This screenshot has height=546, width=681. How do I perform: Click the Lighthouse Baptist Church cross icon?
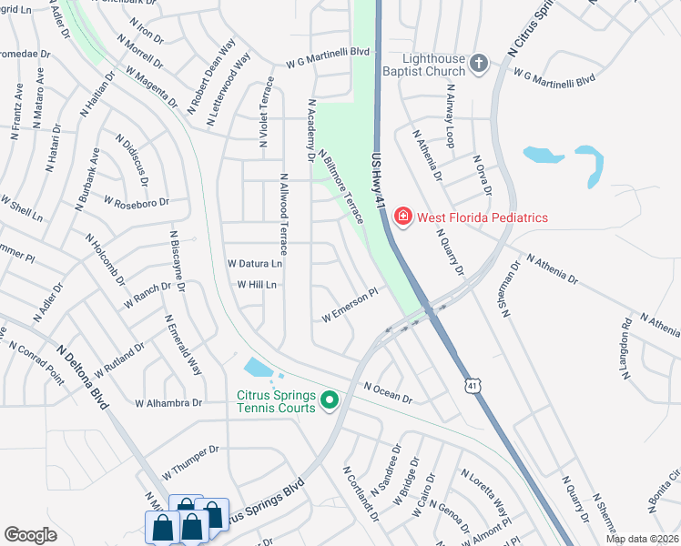[x=480, y=64]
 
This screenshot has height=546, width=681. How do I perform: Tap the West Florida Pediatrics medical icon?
[x=401, y=217]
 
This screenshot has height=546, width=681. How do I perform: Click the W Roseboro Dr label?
[x=137, y=200]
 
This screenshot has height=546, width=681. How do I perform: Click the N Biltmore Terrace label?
[x=341, y=186]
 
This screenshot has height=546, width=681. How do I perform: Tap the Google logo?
[x=30, y=535]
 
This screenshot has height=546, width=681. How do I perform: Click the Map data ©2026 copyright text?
[x=643, y=539]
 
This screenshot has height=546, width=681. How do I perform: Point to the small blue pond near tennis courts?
[x=257, y=369]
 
